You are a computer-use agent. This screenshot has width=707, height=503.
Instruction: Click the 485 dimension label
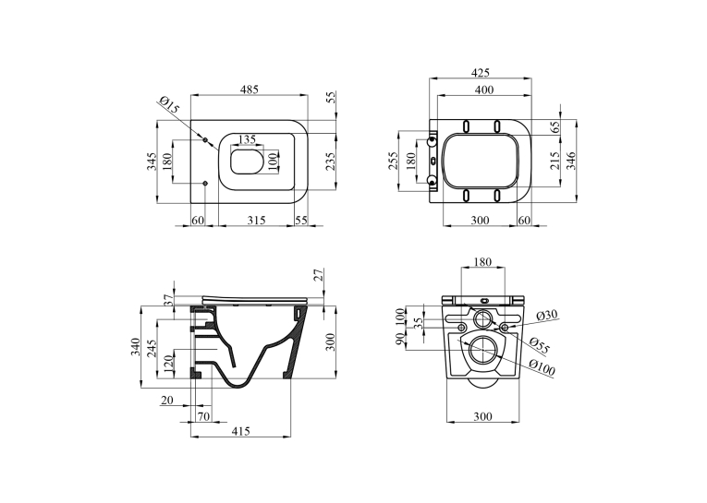[x=249, y=90]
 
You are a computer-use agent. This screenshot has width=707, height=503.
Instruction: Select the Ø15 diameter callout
[x=169, y=105]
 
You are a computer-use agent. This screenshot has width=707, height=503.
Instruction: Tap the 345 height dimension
[x=152, y=162]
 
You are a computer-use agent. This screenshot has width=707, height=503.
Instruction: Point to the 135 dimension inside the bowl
[x=247, y=139]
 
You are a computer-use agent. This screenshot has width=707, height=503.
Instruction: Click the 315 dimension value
[x=256, y=221]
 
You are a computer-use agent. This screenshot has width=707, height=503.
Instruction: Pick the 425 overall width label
[x=480, y=73]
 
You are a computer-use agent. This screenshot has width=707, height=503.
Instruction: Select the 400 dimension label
[x=484, y=90]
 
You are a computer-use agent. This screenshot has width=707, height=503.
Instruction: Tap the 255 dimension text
[x=393, y=161]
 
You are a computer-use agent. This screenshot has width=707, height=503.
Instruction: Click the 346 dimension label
[x=571, y=161]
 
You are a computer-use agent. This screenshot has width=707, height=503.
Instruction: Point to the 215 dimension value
[x=555, y=161]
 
